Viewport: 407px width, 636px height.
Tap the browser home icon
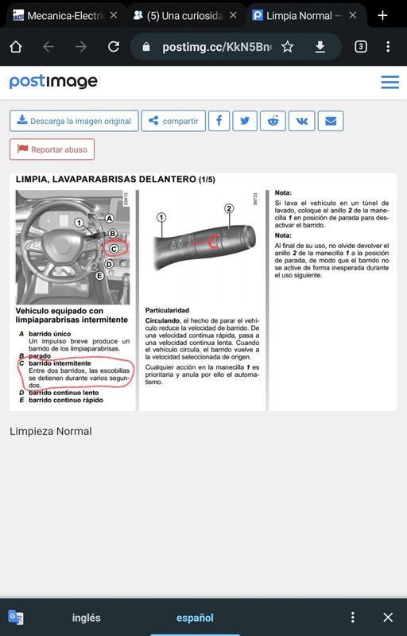pos(15,47)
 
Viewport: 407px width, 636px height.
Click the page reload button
pos(113,47)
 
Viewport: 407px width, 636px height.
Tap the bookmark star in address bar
pos(287,47)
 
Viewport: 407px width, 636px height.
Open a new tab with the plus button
pos(382,15)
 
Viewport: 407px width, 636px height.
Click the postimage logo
pos(53,82)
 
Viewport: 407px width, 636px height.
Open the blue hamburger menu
pos(390,82)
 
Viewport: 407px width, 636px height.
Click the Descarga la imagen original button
pos(74,121)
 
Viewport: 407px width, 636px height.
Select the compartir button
pos(172,121)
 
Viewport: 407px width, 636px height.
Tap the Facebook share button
pos(218,121)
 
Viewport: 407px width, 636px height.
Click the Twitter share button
pos(246,121)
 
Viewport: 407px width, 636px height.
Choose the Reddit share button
pos(273,121)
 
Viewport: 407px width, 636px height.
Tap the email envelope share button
pos(330,121)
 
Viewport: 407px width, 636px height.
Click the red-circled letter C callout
pos(114,248)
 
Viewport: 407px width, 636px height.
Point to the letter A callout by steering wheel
pos(110,218)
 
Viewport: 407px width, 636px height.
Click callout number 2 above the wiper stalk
pos(229,209)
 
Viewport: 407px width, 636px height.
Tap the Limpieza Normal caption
pos(51,431)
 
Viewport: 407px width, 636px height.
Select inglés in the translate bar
pos(86,618)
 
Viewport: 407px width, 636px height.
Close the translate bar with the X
pos(388,618)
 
